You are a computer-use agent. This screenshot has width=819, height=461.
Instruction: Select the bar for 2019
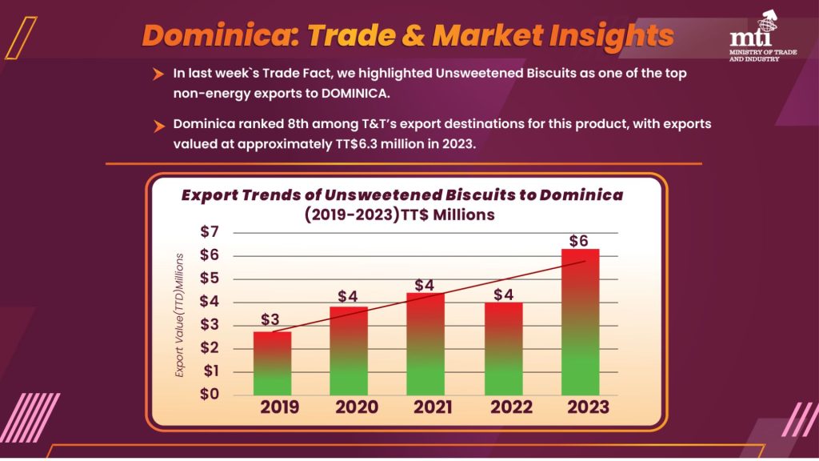click(273, 363)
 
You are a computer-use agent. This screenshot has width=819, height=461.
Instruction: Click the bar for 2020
click(349, 351)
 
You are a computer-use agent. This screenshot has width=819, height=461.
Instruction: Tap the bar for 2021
click(425, 343)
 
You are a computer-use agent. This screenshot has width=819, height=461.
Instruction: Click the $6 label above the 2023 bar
click(580, 240)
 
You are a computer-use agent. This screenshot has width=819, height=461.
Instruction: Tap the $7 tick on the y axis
click(209, 232)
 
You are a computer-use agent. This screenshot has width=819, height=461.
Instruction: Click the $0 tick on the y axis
click(209, 395)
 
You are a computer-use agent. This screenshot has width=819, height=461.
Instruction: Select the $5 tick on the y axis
click(209, 279)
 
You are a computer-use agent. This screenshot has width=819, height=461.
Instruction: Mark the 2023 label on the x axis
click(588, 407)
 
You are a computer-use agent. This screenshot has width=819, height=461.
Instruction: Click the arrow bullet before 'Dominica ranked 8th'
click(159, 126)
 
